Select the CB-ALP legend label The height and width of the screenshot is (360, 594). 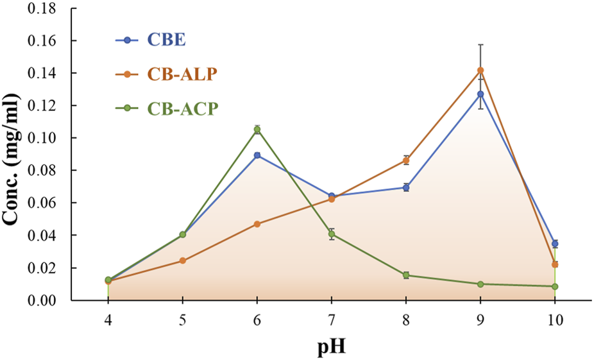182,74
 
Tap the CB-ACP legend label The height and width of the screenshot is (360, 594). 182,108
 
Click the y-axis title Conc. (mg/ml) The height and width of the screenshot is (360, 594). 13,154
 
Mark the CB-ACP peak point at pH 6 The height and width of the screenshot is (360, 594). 257,130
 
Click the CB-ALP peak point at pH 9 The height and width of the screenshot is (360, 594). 480,71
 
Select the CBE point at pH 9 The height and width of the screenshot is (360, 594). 480,94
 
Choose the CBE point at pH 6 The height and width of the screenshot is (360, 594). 257,155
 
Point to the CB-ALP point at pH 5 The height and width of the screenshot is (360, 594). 183,261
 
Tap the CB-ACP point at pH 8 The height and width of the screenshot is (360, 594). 406,275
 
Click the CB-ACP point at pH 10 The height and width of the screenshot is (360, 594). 555,286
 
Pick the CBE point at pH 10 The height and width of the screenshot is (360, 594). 555,244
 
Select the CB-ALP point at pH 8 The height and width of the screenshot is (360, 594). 406,160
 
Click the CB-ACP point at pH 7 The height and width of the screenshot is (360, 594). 332,234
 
